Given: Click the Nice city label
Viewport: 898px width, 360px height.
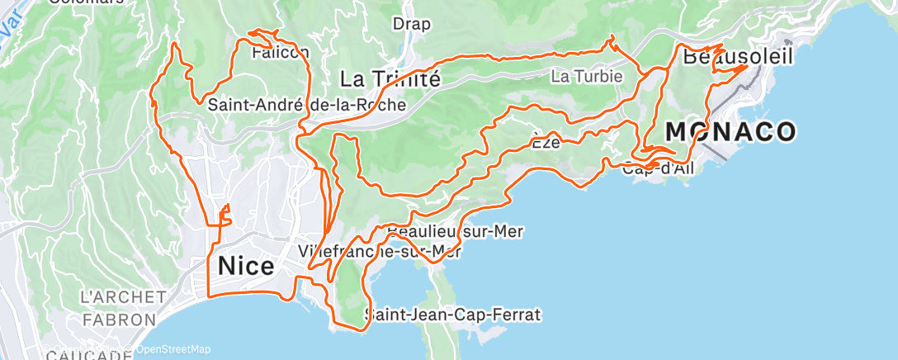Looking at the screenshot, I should (x=246, y=267).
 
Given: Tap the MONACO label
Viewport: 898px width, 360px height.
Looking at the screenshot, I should (x=730, y=131).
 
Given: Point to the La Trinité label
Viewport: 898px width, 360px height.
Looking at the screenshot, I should (x=390, y=79).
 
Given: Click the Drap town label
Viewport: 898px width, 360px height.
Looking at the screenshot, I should (x=411, y=24).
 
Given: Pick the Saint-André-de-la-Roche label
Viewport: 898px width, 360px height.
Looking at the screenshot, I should (x=306, y=105).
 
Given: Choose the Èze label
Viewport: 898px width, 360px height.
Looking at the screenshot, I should (x=546, y=142).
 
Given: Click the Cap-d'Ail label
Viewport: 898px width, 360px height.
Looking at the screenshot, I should (x=658, y=169).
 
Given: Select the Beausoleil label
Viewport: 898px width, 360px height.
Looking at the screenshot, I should (x=738, y=57).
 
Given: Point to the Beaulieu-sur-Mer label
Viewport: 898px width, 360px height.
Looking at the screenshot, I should (x=455, y=232).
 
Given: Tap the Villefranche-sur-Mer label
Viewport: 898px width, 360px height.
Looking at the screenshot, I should (x=379, y=249).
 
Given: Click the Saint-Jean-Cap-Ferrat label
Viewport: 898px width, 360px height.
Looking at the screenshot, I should (x=453, y=315).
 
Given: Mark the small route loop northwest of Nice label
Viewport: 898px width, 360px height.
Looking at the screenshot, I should (x=223, y=216).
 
